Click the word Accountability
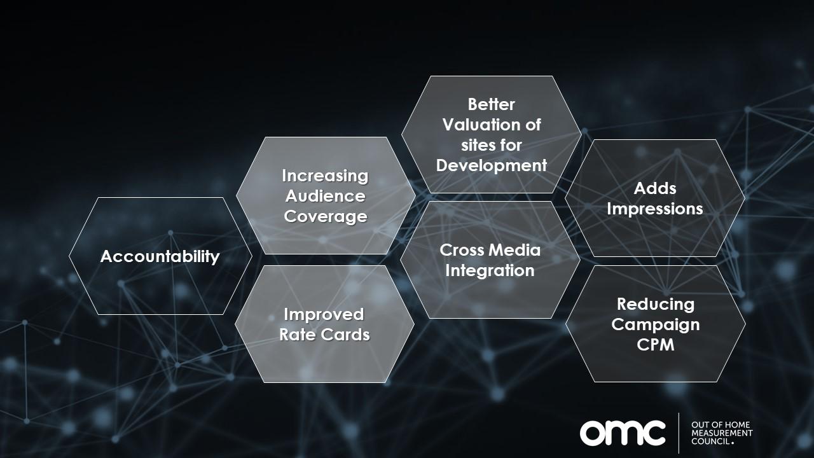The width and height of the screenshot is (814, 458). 160,256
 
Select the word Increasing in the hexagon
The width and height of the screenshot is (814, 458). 325,176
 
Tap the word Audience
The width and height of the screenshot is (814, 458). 325,197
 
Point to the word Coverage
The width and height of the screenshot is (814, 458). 326,217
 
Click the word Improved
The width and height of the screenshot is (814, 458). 324,315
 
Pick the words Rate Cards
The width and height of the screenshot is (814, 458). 324,335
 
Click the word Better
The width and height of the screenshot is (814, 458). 492,105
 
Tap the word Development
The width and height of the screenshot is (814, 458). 492,166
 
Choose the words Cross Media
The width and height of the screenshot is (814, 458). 490,250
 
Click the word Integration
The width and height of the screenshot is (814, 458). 490,271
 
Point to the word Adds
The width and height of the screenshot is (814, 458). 655,189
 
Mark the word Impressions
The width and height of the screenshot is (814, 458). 655,209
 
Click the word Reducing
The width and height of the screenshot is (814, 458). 656,305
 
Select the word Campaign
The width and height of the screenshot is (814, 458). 656,325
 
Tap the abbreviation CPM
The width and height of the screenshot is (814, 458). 656,345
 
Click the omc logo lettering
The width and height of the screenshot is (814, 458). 623,433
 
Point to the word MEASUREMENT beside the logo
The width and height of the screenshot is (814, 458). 722,433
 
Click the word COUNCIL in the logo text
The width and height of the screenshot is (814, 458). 710,441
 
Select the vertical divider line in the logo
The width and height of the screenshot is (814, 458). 679,433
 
